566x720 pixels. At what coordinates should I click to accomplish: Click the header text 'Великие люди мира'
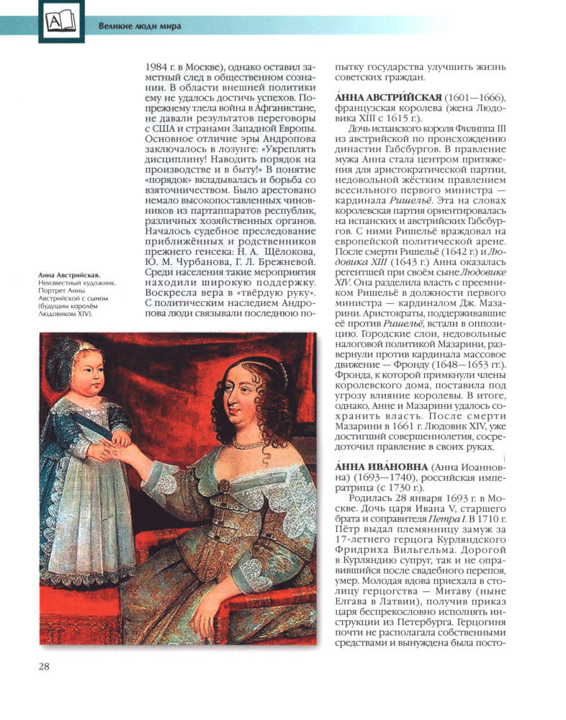140,27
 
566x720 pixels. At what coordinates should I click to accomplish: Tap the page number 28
44,665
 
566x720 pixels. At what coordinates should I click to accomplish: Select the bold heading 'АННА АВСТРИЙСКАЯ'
385,98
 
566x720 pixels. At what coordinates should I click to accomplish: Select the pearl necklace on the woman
249,444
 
